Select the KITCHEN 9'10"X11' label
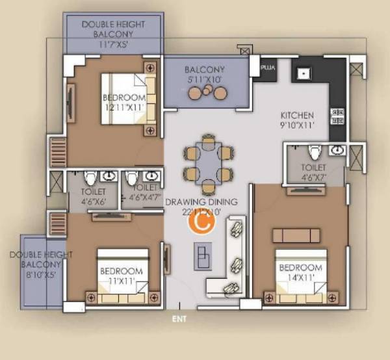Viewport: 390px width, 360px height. tap(297, 120)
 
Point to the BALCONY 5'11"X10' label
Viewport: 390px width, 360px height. tap(204, 75)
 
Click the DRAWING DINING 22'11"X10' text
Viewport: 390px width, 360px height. tap(201, 207)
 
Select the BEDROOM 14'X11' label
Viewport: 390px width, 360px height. tap(300, 272)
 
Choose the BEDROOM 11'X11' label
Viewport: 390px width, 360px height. tap(120, 276)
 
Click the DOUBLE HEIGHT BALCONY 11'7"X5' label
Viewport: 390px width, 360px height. tap(114, 34)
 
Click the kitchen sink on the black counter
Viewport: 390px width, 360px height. tap(303, 73)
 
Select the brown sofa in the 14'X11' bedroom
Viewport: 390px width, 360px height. tap(296, 235)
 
